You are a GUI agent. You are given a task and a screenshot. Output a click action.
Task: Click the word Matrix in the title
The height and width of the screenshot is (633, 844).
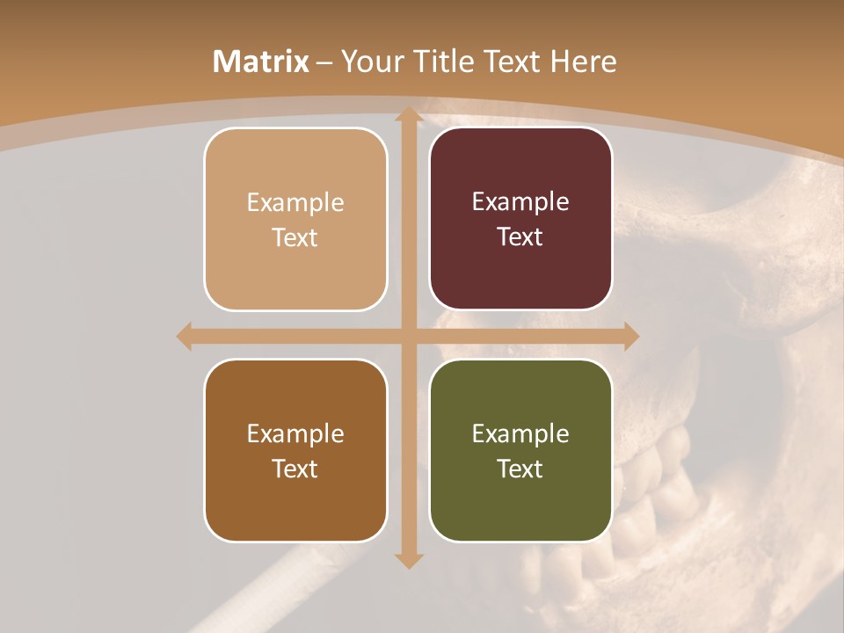[261, 62]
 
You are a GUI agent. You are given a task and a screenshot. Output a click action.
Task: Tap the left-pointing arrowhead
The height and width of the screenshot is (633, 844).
[184, 336]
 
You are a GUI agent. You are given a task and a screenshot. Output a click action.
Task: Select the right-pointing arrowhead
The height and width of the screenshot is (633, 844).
[631, 336]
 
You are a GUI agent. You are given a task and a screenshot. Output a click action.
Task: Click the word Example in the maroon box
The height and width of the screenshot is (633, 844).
[520, 201]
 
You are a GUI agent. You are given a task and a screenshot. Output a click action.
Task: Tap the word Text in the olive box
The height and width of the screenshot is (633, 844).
[520, 469]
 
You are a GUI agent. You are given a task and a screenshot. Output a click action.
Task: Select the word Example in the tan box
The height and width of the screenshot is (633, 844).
[295, 202]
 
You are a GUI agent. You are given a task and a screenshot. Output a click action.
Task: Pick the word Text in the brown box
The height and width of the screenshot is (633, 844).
[295, 469]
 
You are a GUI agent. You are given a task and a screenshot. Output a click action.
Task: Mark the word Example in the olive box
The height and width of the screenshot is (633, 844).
[520, 433]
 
